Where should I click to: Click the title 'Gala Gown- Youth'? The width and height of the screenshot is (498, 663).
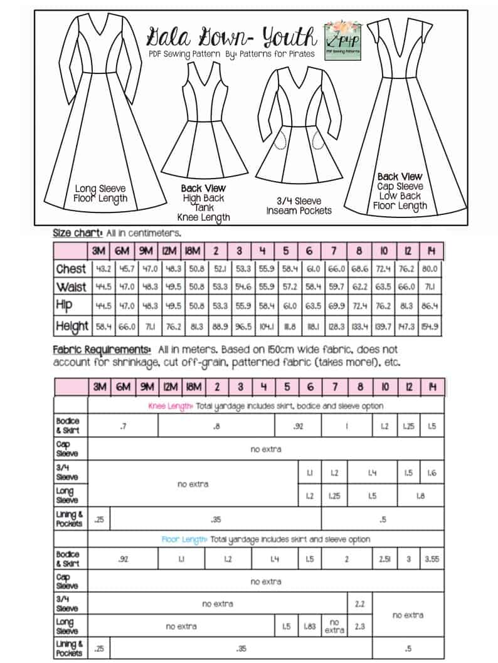pos(231,37)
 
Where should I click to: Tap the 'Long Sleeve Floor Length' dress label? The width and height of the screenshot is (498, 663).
pos(100,193)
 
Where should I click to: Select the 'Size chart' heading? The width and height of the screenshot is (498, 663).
pos(77,232)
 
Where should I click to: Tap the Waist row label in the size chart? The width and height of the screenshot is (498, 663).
pos(70,287)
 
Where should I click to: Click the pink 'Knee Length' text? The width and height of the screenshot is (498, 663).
pos(171,405)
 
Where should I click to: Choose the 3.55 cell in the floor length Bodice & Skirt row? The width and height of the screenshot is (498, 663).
pos(432,559)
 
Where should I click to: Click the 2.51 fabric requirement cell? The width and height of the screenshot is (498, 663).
pos(384,559)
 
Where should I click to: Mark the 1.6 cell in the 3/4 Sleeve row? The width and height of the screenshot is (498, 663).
pos(432,473)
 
